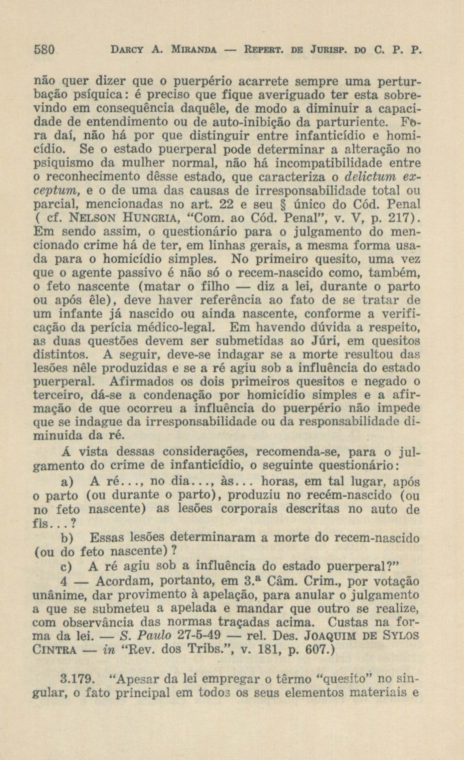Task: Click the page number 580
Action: tap(43, 49)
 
